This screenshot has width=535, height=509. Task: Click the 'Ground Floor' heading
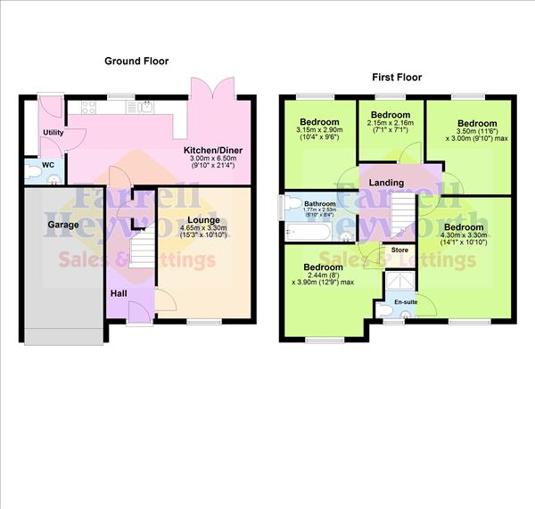(x=136, y=62)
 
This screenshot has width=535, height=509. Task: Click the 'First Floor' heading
(x=396, y=78)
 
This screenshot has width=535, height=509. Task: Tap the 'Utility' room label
(x=53, y=132)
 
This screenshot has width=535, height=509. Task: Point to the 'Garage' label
(x=64, y=226)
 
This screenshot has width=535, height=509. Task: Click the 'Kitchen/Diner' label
(x=213, y=149)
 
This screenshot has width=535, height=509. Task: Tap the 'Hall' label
(x=119, y=293)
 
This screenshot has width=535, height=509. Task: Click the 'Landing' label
(x=386, y=183)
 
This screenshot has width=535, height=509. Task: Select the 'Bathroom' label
(x=318, y=203)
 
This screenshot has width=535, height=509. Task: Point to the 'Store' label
(x=399, y=250)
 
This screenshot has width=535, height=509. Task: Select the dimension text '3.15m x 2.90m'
(x=319, y=130)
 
